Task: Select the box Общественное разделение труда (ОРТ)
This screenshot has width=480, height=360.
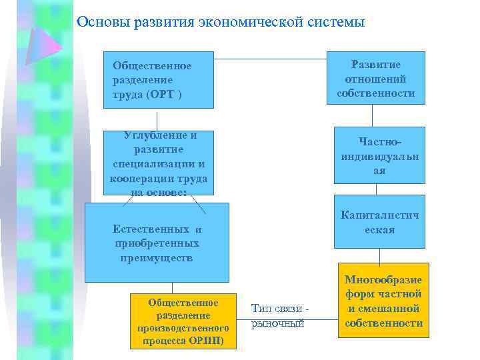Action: coord(159,80)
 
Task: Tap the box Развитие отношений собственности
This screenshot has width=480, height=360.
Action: coord(376,78)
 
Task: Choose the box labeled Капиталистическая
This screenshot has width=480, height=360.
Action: coord(381,222)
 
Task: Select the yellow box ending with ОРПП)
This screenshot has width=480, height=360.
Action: coord(183,321)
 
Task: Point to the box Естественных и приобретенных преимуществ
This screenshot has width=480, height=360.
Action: coord(157,243)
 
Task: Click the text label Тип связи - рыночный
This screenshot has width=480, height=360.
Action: coord(278,315)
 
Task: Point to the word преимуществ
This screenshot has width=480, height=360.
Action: coord(157,257)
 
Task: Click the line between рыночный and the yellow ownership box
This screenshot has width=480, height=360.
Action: coord(323,318)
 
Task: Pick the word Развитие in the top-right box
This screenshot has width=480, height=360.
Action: coord(376,64)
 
